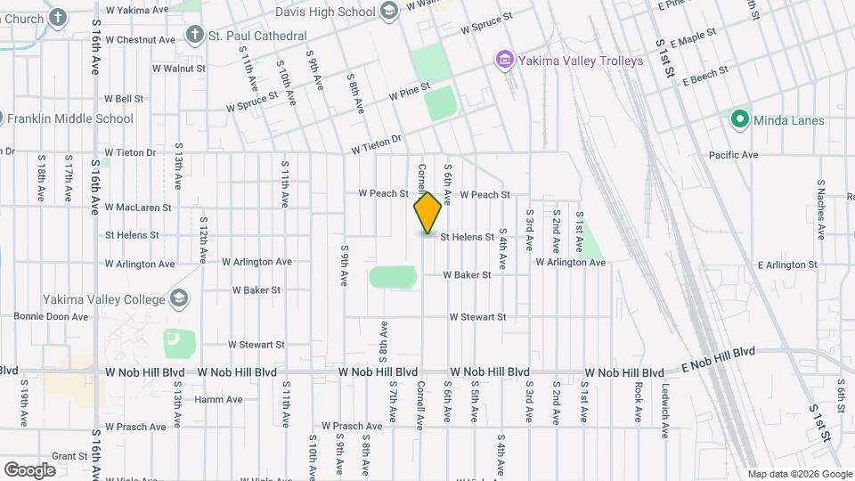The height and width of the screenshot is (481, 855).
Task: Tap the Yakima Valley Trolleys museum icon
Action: (504, 61)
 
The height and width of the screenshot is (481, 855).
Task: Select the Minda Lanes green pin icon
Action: (738, 119)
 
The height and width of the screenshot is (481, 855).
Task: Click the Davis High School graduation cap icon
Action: (388, 12)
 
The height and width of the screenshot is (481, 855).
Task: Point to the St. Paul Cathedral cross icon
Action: (195, 36)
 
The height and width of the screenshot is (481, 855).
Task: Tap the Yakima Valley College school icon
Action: (178, 298)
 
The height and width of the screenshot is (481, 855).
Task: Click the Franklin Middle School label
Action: (69, 118)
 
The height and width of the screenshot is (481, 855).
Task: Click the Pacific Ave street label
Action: (733, 155)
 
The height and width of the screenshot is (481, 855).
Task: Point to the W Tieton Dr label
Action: (378, 144)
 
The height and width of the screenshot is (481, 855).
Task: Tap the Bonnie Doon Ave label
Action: (51, 316)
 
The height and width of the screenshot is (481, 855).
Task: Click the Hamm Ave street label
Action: (219, 399)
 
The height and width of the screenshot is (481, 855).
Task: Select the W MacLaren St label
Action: (138, 208)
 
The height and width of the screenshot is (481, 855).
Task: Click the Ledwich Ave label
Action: (665, 410)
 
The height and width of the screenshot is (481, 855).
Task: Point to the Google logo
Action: (29, 470)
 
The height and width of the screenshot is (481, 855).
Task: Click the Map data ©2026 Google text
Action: (800, 474)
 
